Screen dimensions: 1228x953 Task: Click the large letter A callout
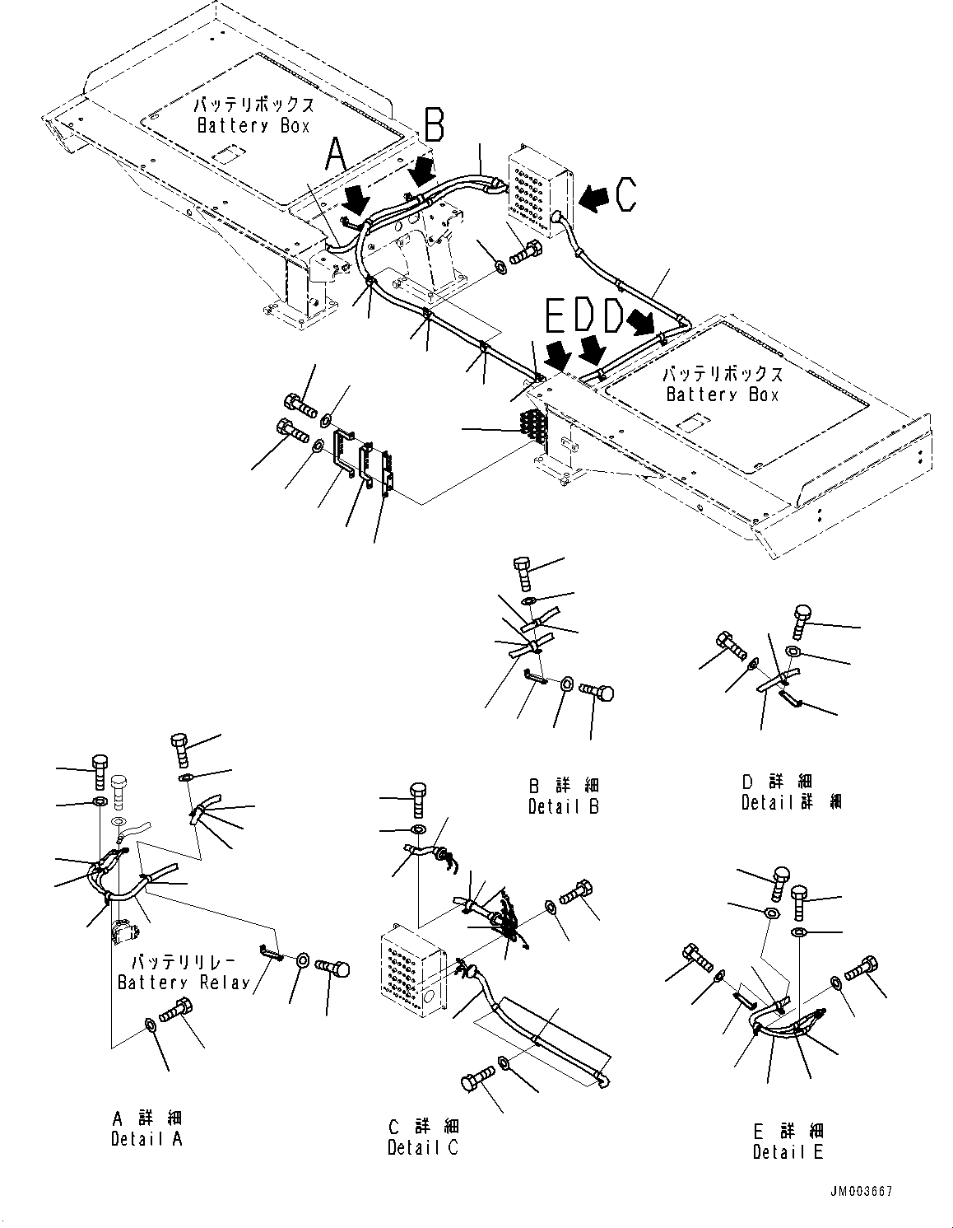(x=337, y=156)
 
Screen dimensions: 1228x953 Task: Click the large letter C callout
(x=625, y=195)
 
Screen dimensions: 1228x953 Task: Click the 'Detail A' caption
(x=146, y=1138)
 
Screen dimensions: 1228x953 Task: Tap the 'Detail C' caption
(x=423, y=1146)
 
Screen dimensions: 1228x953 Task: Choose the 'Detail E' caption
(x=788, y=1151)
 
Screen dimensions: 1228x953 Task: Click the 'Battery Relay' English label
(x=184, y=982)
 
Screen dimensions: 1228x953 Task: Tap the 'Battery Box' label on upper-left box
(x=253, y=126)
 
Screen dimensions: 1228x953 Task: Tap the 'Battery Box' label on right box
(x=722, y=395)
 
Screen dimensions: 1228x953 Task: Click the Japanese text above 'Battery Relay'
(x=184, y=962)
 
